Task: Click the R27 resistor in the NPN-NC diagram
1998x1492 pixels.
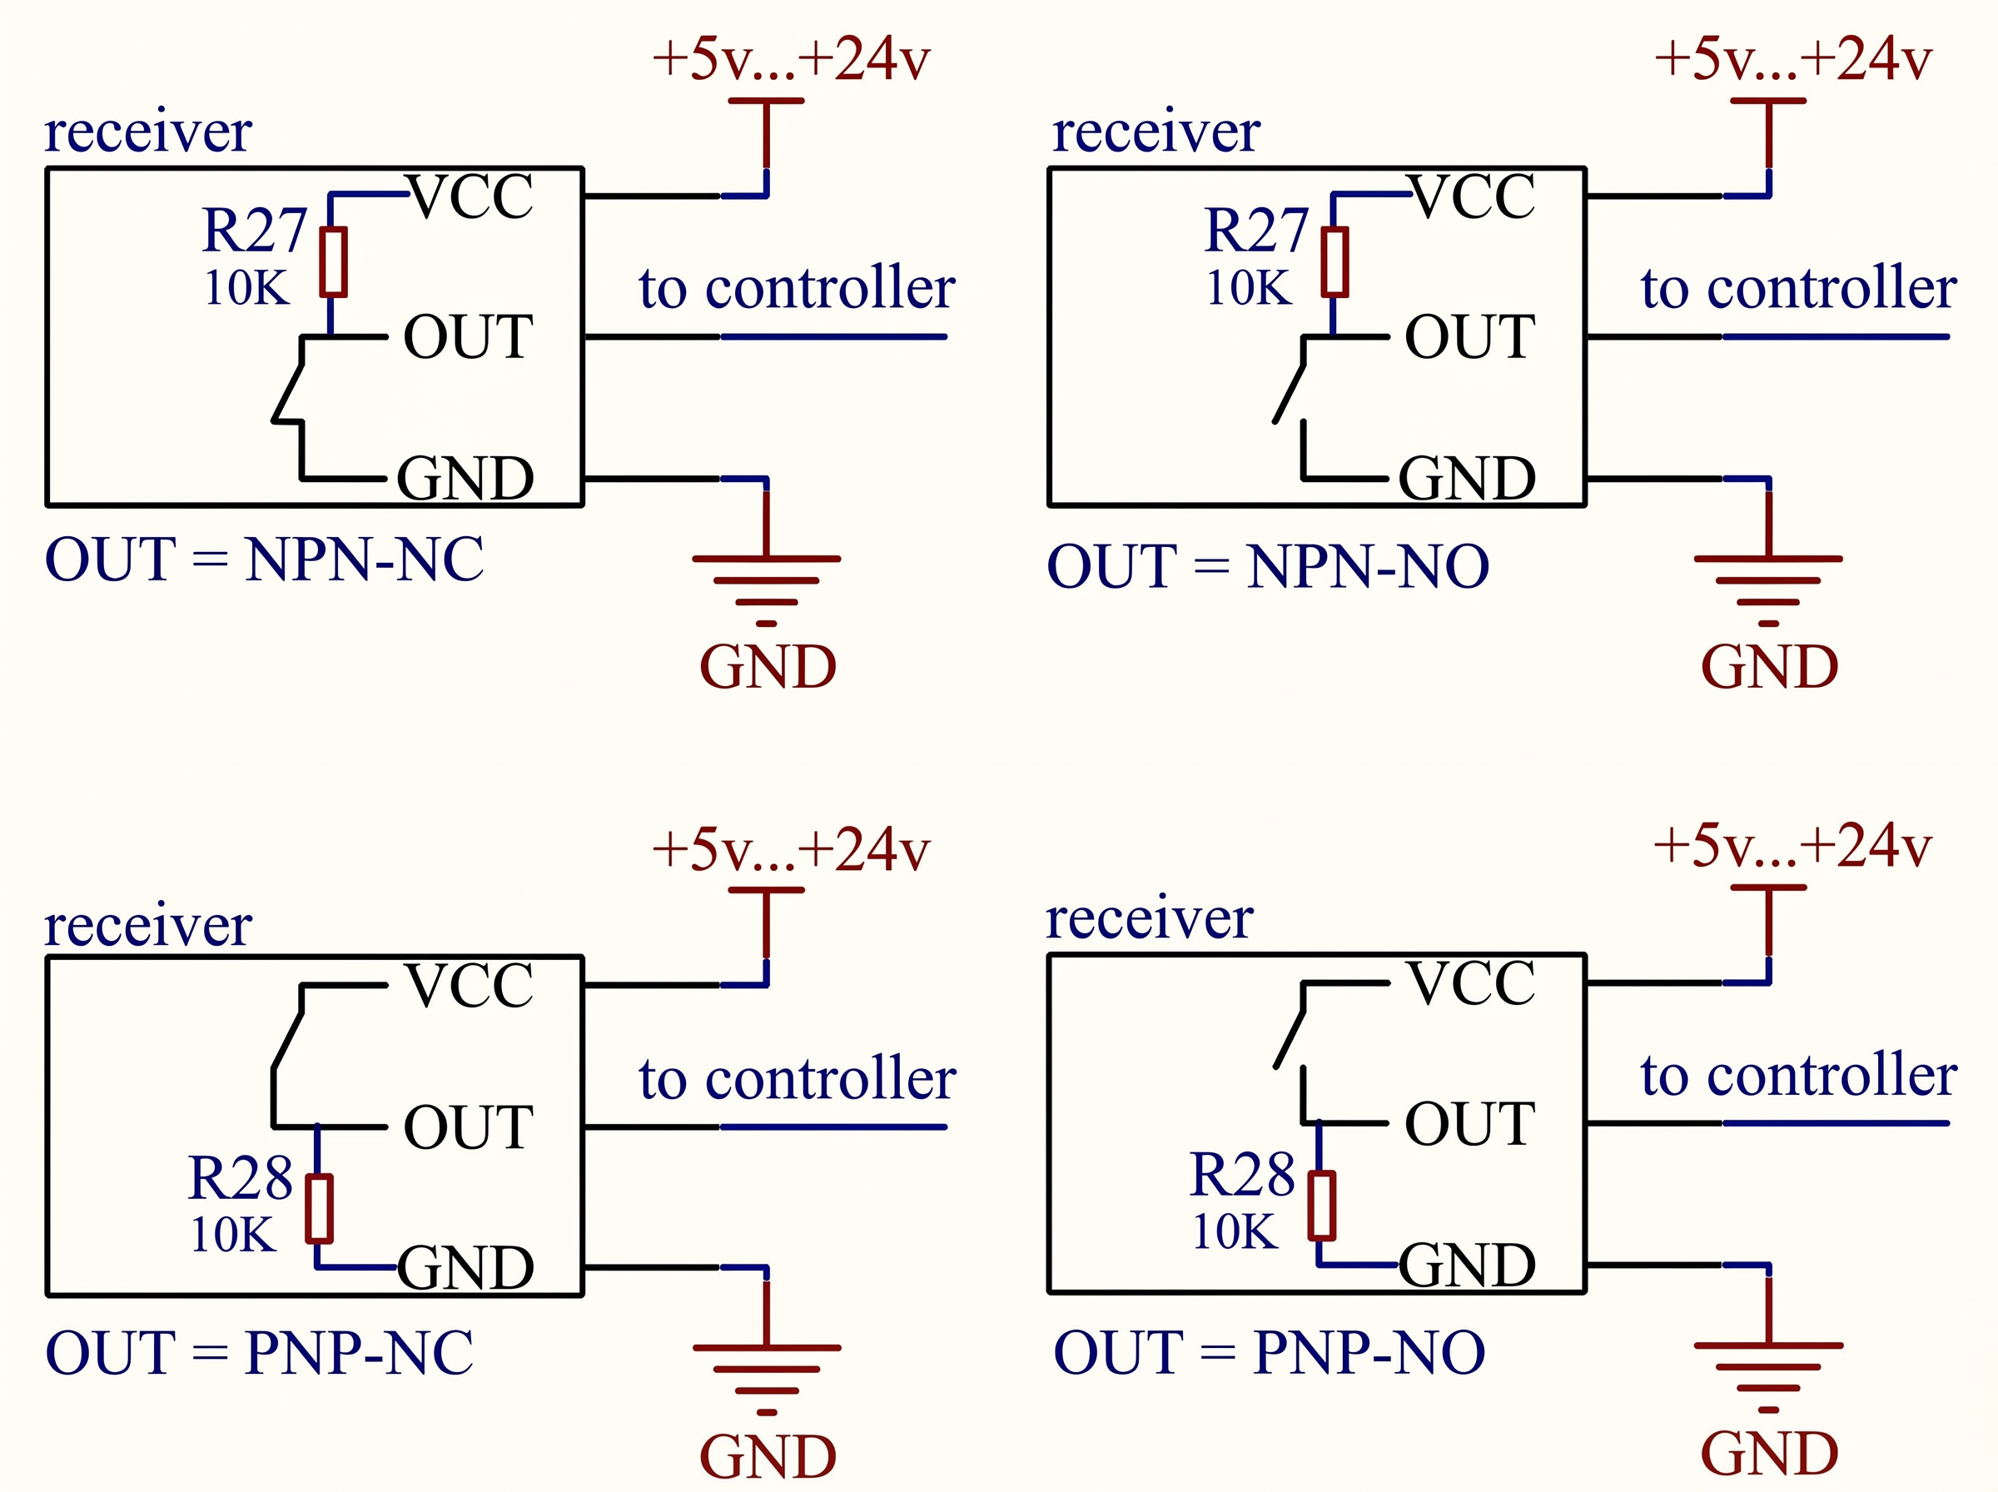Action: coord(333,262)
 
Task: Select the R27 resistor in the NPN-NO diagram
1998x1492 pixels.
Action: coord(1334,262)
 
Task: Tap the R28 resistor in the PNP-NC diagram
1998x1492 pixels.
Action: coord(319,1208)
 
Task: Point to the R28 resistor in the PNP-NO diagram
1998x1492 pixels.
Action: coord(1322,1206)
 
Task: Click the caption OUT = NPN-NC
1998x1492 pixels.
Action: coord(264,560)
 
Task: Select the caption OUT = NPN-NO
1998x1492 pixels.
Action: coord(1268,566)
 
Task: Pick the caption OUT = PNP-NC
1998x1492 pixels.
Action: coord(259,1353)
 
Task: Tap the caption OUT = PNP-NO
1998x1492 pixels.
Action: coord(1270,1353)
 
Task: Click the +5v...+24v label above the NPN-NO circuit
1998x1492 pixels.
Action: coord(1792,59)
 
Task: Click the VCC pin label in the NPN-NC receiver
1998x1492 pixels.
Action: coord(470,196)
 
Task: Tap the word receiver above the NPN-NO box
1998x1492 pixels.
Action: coord(1156,132)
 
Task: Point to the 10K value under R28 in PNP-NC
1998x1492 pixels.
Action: coord(233,1235)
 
